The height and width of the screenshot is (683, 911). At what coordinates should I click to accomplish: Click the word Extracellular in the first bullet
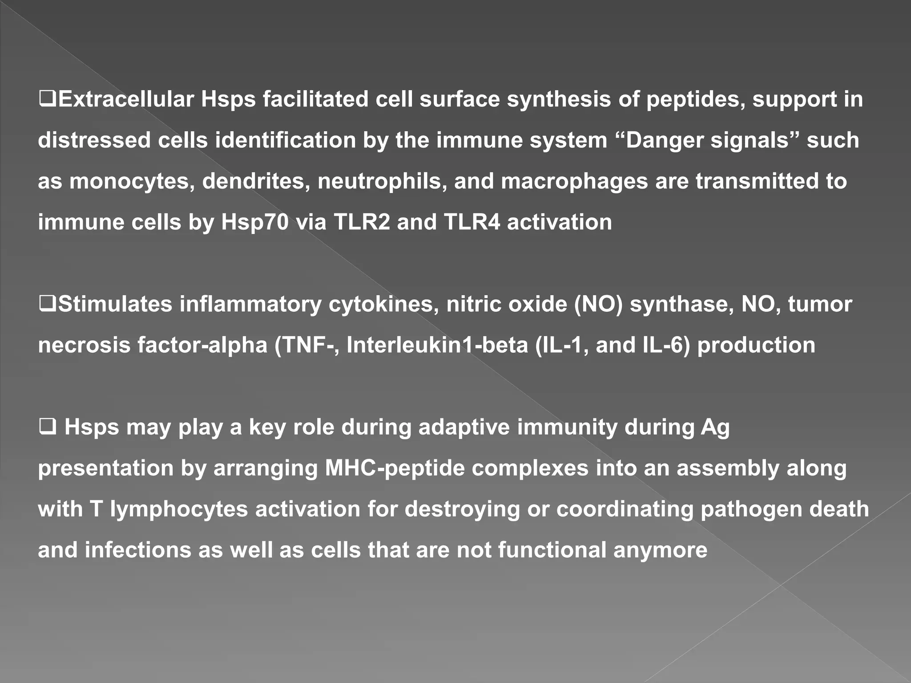(x=126, y=99)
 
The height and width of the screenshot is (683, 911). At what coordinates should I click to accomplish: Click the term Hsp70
(x=254, y=222)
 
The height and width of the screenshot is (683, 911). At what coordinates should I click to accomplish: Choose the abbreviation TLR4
(x=472, y=222)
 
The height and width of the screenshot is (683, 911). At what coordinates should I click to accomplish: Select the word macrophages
(x=574, y=181)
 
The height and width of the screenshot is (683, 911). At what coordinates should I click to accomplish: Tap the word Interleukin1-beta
(x=437, y=345)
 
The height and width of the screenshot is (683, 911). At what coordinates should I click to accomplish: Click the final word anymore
(x=660, y=550)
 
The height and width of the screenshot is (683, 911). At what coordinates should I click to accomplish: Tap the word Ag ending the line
(x=715, y=427)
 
